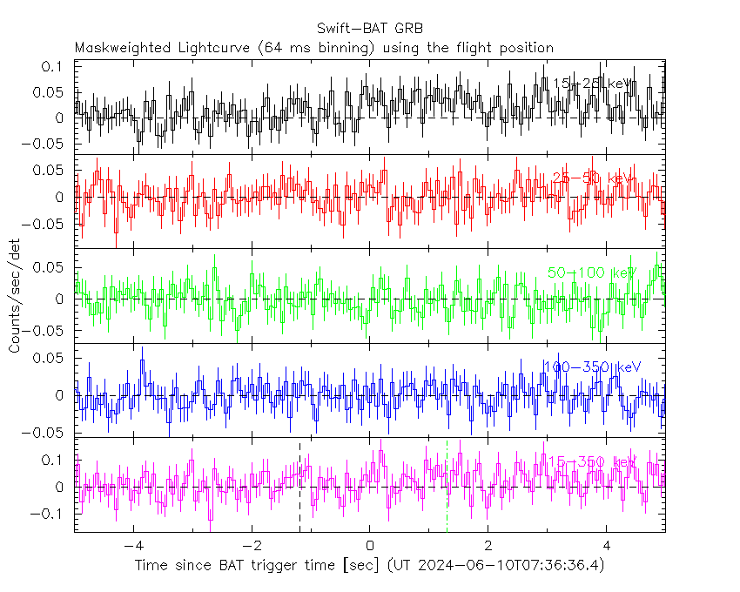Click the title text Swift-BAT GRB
click(x=369, y=29)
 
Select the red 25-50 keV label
click(x=591, y=178)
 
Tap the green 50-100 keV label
click(x=592, y=272)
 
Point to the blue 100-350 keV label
click(x=591, y=367)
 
